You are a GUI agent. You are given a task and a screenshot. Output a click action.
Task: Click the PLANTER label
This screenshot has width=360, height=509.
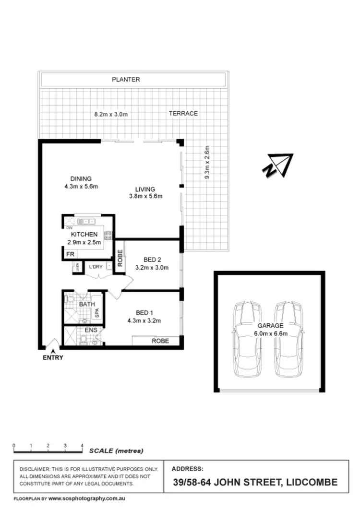(x=126, y=80)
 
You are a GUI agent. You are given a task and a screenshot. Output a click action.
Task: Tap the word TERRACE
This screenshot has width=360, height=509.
(x=183, y=114)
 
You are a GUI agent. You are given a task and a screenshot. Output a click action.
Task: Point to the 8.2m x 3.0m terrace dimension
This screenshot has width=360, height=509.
(x=111, y=114)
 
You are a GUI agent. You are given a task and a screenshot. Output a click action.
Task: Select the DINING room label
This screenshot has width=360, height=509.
(x=81, y=179)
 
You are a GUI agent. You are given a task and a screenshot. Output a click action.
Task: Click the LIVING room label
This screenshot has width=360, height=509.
(x=145, y=189)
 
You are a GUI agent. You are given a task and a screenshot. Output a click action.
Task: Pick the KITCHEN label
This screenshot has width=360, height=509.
(x=84, y=235)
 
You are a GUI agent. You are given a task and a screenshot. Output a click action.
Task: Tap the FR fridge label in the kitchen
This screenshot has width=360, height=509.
(x=70, y=254)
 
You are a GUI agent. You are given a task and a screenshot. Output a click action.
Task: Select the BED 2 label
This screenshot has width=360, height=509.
(x=152, y=260)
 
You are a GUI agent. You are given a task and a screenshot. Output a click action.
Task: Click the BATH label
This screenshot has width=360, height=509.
(x=87, y=304)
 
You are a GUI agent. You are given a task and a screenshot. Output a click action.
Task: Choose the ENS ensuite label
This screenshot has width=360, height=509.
(x=91, y=331)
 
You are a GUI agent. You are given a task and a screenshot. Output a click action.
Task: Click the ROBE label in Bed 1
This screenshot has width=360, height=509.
(x=160, y=341)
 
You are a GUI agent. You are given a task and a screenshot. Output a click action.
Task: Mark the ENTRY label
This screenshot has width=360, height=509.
(x=53, y=357)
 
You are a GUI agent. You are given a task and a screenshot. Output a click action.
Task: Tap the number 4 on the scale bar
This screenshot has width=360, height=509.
(x=83, y=446)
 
